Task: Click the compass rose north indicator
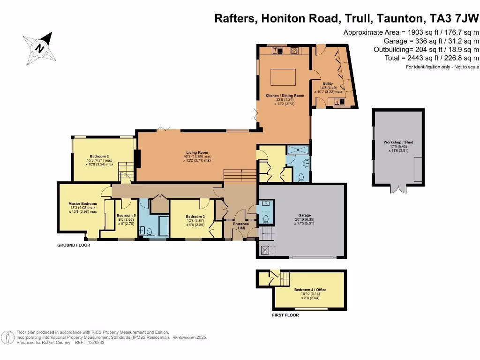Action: [40, 47]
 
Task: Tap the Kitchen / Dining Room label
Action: [285, 96]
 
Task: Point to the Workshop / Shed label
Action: [398, 142]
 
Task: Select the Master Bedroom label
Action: [82, 203]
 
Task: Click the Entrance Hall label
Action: [241, 226]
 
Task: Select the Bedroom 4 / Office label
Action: [310, 290]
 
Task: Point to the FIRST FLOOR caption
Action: [285, 315]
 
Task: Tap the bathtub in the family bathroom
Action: [163, 226]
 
